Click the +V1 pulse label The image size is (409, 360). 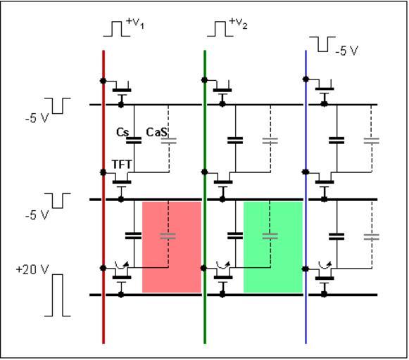point(135,23)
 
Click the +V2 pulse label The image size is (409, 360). point(239,23)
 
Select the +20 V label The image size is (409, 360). point(32,269)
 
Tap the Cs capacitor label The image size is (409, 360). point(122,132)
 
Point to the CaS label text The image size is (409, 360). point(156,132)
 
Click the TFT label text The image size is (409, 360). point(122,165)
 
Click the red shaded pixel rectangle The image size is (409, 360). point(172,247)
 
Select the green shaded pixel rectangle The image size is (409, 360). point(273,247)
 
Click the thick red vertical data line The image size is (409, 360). point(103,197)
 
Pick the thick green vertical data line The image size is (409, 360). point(205,197)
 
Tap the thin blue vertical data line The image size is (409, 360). point(306,197)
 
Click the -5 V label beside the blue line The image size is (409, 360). point(346,51)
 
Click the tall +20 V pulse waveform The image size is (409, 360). point(58,295)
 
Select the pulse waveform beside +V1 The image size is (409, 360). point(117,29)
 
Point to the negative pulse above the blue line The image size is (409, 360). point(322,44)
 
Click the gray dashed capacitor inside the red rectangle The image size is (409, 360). point(168,236)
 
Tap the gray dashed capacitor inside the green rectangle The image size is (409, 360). point(270,236)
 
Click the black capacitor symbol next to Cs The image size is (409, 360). point(134,141)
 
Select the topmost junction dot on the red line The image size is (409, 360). point(103,81)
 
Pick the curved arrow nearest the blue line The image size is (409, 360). point(325,265)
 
